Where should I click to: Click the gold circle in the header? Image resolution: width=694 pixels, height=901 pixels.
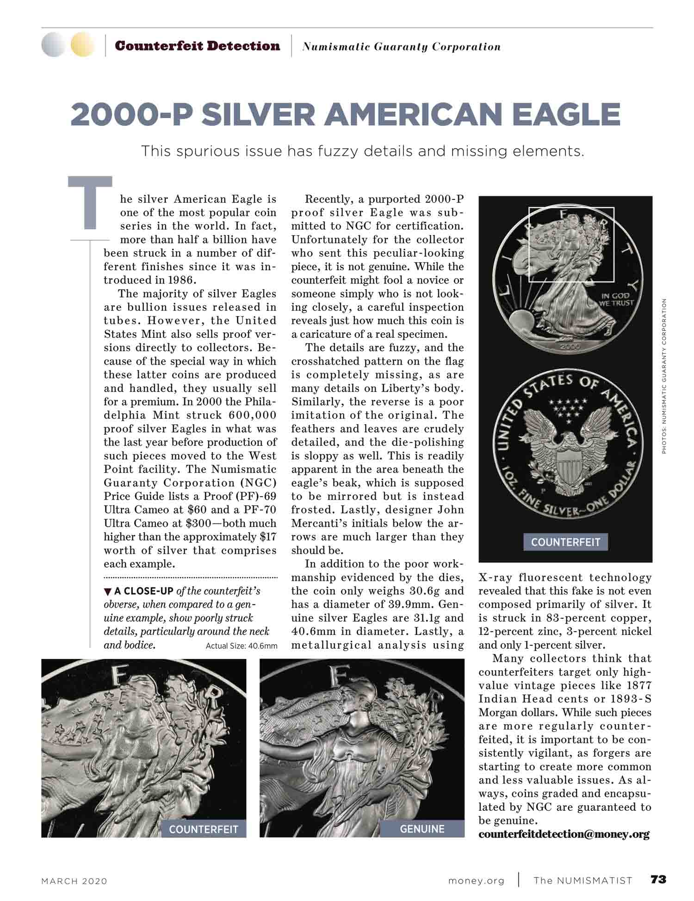pyautogui.click(x=82, y=45)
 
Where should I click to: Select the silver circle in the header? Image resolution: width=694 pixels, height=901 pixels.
pyautogui.click(x=53, y=45)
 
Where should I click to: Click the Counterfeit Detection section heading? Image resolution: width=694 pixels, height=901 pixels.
pyautogui.click(x=198, y=46)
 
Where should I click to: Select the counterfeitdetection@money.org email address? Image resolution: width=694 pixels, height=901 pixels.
pyautogui.click(x=564, y=834)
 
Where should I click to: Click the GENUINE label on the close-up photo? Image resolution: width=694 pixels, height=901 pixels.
pyautogui.click(x=422, y=829)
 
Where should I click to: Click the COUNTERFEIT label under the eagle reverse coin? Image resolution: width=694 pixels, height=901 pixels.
pyautogui.click(x=565, y=542)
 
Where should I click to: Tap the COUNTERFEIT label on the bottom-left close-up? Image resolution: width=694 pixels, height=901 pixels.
pyautogui.click(x=204, y=829)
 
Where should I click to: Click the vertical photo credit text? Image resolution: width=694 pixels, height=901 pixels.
pyautogui.click(x=663, y=376)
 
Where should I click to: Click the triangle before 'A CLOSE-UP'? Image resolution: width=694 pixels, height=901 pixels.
pyautogui.click(x=108, y=591)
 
